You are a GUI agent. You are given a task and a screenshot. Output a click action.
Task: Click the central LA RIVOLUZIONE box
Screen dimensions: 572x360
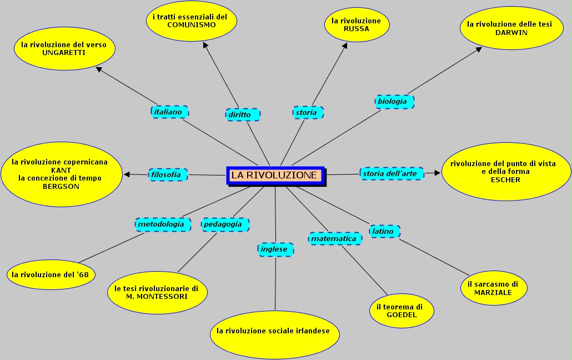(275, 175)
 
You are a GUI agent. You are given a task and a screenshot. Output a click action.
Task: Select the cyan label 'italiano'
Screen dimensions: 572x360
(169, 112)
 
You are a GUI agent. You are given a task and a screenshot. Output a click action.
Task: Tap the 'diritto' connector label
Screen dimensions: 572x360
(243, 114)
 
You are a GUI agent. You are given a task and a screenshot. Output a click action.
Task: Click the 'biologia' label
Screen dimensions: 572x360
(394, 101)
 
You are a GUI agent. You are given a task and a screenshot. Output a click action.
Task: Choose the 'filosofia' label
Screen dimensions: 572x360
(168, 174)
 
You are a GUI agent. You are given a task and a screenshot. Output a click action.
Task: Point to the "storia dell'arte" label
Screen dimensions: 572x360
(392, 173)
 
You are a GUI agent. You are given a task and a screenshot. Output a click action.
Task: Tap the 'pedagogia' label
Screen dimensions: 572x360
(225, 224)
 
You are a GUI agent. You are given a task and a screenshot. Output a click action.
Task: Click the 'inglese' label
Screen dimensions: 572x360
(275, 249)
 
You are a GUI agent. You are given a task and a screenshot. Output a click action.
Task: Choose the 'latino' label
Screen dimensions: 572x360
(384, 231)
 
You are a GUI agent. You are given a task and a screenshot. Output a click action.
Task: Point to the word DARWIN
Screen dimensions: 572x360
(511, 32)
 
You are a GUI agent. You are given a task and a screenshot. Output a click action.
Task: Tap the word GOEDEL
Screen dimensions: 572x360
(401, 315)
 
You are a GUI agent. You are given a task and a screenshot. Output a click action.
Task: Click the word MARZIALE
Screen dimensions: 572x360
(493, 292)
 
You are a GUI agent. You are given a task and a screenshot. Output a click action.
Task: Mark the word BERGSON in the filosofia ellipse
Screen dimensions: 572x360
(61, 186)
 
